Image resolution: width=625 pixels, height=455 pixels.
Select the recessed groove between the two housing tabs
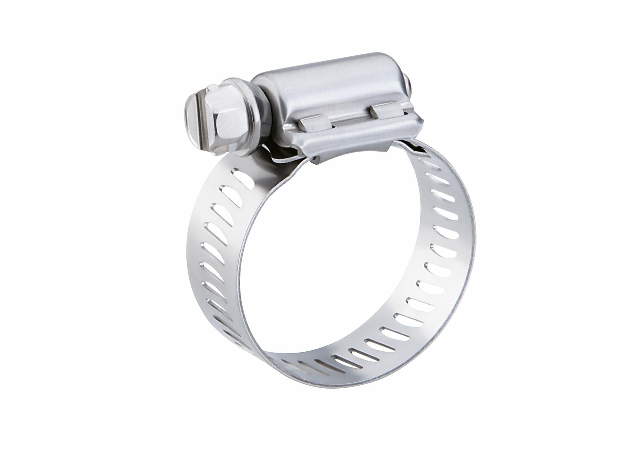(x=352, y=117)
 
